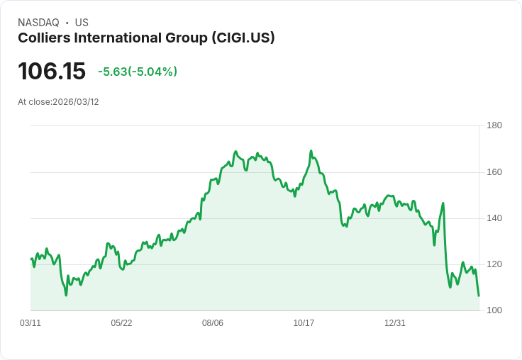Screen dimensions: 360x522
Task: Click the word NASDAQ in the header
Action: (38, 23)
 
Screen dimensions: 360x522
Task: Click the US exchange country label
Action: (82, 23)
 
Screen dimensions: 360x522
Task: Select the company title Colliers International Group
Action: (113, 38)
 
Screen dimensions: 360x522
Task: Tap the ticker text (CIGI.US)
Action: (243, 38)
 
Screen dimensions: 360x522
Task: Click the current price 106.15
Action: (52, 72)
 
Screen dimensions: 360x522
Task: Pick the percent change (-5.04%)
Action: (152, 72)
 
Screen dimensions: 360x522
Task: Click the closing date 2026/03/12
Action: (76, 102)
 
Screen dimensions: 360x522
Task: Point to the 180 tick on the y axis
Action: (494, 125)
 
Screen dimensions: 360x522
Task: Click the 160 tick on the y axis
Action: (494, 172)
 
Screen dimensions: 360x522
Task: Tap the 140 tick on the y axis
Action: (494, 218)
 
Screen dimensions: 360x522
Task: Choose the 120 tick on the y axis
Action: (494, 264)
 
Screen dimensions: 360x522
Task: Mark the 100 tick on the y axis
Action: (494, 310)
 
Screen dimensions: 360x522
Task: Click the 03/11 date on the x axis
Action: (30, 323)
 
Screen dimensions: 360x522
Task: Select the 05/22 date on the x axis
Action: (121, 323)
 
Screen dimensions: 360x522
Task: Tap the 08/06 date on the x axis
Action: (213, 323)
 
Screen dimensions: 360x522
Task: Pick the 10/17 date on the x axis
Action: (304, 323)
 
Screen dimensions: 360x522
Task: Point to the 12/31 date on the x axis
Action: (395, 323)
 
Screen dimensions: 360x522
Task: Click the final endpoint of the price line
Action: (479, 296)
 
